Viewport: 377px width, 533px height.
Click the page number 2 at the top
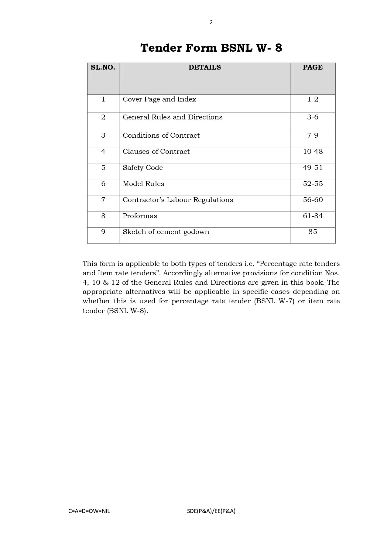211,22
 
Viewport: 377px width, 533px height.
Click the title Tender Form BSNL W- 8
211,48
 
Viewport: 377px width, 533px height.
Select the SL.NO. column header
103,67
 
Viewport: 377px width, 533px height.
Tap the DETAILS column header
204,67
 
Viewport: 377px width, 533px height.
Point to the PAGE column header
313,67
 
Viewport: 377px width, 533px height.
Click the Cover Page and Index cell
159,99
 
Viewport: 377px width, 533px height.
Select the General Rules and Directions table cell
173,117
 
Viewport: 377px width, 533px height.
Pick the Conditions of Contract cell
161,136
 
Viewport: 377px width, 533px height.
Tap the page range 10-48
313,152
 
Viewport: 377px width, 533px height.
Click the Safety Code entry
143,168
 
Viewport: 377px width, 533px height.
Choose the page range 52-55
313,184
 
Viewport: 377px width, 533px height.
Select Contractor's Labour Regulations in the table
178,200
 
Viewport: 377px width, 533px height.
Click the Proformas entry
140,216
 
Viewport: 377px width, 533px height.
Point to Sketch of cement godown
166,232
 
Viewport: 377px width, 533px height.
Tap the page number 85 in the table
313,232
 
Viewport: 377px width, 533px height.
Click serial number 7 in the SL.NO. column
103,200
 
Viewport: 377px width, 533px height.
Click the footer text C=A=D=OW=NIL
89,511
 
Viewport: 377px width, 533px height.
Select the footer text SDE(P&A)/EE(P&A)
211,511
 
